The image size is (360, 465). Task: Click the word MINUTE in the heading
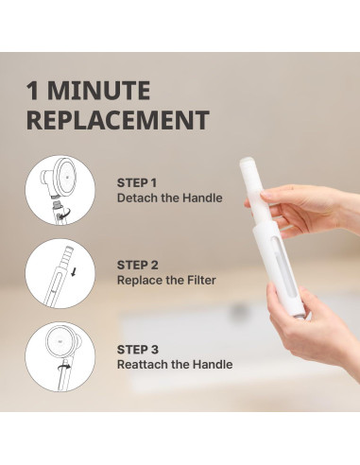(99, 91)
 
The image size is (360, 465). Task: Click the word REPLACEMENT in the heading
(118, 120)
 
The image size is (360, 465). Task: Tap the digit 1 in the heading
(32, 91)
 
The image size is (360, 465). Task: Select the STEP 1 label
(137, 183)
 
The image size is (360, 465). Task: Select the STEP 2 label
(138, 266)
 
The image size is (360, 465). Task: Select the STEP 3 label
(138, 350)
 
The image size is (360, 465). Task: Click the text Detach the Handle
(170, 198)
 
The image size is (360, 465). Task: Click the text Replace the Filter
(166, 280)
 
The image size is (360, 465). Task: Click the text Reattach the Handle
(175, 365)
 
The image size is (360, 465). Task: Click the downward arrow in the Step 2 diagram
(74, 272)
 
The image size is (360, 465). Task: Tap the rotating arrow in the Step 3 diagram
(64, 367)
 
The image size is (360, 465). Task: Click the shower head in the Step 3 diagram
(63, 341)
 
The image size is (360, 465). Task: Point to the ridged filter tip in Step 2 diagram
(67, 257)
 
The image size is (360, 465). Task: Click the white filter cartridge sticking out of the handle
(255, 189)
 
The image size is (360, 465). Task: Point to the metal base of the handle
(301, 316)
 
